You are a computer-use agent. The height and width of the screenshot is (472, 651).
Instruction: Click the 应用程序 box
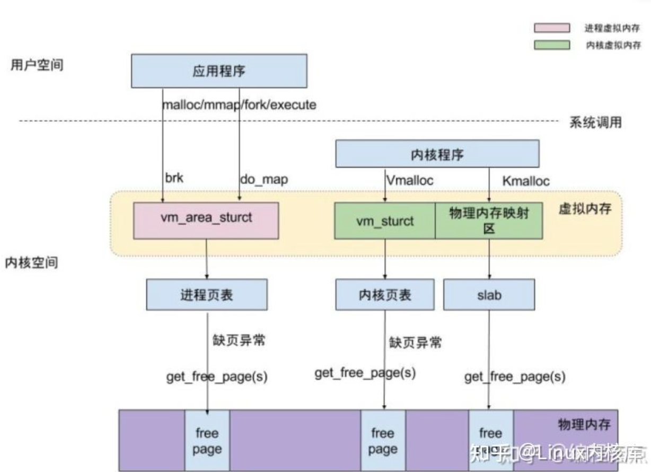click(218, 71)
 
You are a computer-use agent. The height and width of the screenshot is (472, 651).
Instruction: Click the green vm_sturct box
click(385, 220)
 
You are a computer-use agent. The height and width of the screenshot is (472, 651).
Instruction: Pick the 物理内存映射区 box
click(489, 220)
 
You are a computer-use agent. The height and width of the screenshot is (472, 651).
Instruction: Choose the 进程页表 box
click(207, 295)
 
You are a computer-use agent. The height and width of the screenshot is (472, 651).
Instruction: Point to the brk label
click(174, 178)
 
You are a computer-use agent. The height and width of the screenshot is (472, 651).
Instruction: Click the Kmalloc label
click(525, 181)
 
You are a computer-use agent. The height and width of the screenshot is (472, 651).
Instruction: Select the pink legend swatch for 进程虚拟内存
click(552, 28)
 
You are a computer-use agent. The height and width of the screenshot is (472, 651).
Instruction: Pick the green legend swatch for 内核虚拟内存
click(552, 45)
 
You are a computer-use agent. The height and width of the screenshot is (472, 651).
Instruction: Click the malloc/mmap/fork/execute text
click(239, 104)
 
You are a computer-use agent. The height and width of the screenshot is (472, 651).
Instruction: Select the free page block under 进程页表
click(207, 441)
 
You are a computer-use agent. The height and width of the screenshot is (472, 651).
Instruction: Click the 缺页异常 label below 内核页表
click(415, 343)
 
